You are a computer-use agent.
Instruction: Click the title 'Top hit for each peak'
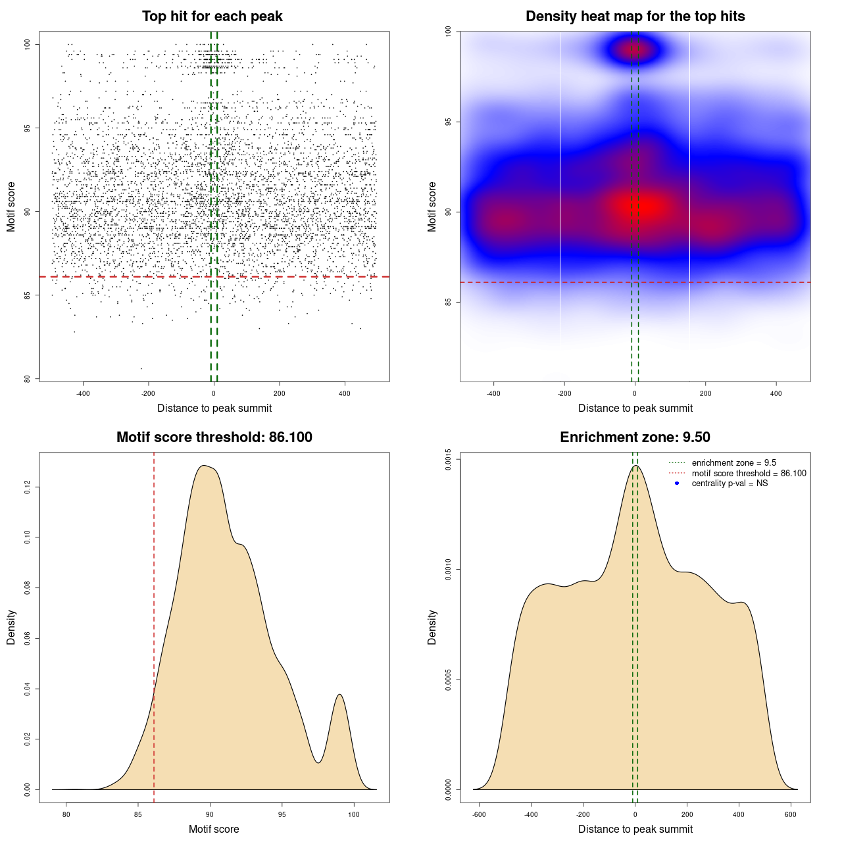(212, 16)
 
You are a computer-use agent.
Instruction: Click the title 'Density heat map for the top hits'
(635, 16)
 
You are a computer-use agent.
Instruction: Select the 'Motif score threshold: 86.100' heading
(214, 437)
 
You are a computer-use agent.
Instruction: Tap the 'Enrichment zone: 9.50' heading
(635, 437)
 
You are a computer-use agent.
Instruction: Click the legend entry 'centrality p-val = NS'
(730, 483)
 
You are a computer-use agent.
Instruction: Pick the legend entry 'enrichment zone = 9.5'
(733, 463)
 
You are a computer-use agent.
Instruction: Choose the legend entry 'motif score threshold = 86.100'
(749, 474)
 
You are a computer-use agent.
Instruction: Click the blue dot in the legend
(677, 483)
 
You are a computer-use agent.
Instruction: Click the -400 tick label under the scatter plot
(83, 393)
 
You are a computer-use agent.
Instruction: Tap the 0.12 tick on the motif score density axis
(28, 487)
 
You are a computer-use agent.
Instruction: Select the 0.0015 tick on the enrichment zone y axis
(448, 460)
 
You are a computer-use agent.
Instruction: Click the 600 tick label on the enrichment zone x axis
(791, 814)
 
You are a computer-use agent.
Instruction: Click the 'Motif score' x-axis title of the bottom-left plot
(214, 830)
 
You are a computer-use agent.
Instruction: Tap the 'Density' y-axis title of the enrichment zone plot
(432, 627)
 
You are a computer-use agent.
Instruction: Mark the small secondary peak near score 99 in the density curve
(339, 695)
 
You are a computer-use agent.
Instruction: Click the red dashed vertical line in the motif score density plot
(154, 625)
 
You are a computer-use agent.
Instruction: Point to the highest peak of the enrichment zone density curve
(635, 466)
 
